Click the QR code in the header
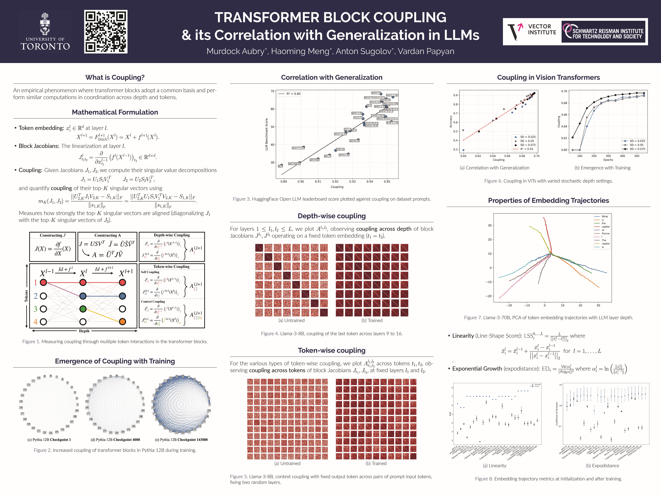click(106, 32)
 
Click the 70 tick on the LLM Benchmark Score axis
click(272, 91)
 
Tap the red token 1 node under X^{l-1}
click(43, 282)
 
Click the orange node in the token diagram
click(122, 322)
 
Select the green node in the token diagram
click(83, 309)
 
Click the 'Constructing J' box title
click(53, 235)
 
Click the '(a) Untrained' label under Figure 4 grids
click(291, 320)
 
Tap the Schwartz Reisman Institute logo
click(604, 32)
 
